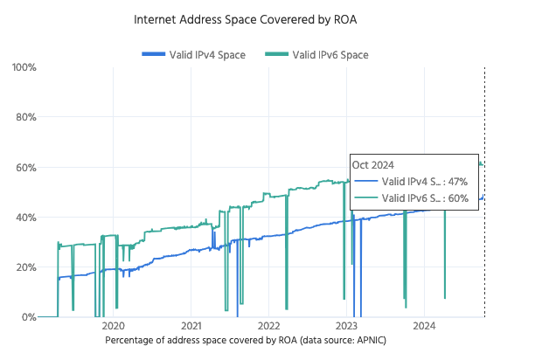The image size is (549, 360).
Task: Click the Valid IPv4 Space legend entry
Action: (207, 55)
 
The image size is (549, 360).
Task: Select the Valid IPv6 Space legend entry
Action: (330, 55)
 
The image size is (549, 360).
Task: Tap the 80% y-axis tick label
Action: (23, 117)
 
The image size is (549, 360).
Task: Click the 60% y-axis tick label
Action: (23, 167)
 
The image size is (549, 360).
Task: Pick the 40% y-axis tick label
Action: (23, 217)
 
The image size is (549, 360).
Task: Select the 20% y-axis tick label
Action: (23, 267)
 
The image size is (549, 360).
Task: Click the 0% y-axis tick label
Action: (25, 317)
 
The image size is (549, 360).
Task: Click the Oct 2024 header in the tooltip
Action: (373, 164)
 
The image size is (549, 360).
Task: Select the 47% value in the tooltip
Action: (458, 182)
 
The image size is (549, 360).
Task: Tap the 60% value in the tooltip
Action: (458, 198)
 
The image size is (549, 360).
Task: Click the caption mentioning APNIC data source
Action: (245, 339)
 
